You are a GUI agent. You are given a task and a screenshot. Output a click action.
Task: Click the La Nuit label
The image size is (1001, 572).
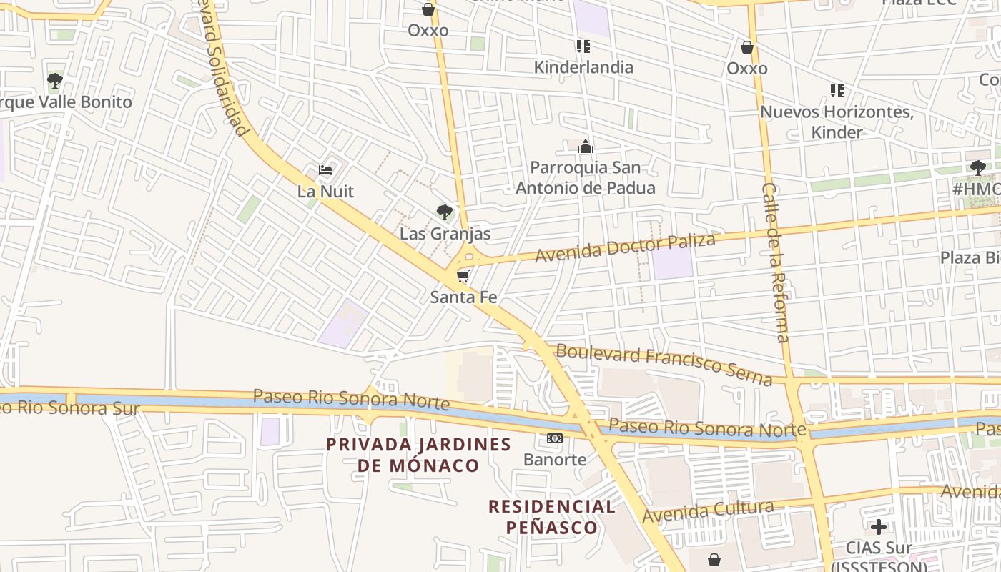pyautogui.click(x=325, y=192)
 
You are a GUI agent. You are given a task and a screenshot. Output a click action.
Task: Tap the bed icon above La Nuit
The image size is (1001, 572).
pyautogui.click(x=325, y=170)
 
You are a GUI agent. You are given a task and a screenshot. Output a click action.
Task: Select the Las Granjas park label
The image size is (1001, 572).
pyautogui.click(x=445, y=233)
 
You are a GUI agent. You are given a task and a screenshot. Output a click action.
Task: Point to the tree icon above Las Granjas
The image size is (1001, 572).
pyautogui.click(x=445, y=212)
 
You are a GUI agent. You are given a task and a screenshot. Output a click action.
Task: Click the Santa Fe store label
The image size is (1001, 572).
pyautogui.click(x=463, y=297)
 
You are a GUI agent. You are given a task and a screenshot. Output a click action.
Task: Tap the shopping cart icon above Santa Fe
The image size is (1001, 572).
pyautogui.click(x=463, y=276)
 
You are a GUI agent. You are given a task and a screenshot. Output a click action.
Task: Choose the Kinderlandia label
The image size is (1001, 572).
pyautogui.click(x=583, y=67)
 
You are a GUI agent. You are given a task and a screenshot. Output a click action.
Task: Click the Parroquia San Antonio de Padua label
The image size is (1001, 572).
pyautogui.click(x=586, y=178)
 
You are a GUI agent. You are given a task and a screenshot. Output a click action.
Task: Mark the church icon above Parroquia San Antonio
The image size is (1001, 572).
pyautogui.click(x=586, y=147)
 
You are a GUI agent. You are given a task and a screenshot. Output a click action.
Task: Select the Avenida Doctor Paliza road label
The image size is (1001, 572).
pyautogui.click(x=626, y=247)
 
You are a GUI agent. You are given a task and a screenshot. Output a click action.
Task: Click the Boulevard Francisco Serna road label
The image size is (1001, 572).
pyautogui.click(x=664, y=365)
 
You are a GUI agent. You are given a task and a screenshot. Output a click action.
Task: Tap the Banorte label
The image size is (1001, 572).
pyautogui.click(x=555, y=459)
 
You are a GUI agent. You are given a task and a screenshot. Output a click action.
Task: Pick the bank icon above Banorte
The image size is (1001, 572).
pyautogui.click(x=555, y=438)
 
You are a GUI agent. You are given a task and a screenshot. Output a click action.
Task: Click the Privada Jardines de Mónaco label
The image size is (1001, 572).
pyautogui.click(x=418, y=455)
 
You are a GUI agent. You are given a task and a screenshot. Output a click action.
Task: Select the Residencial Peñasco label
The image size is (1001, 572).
pyautogui.click(x=551, y=517)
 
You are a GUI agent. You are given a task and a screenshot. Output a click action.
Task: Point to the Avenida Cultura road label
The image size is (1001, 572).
pyautogui.click(x=708, y=511)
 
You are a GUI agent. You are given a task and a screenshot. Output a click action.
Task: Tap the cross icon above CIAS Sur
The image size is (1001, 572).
pyautogui.click(x=879, y=527)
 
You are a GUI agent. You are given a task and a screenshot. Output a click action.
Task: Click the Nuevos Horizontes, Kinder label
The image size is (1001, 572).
pyautogui.click(x=837, y=122)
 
